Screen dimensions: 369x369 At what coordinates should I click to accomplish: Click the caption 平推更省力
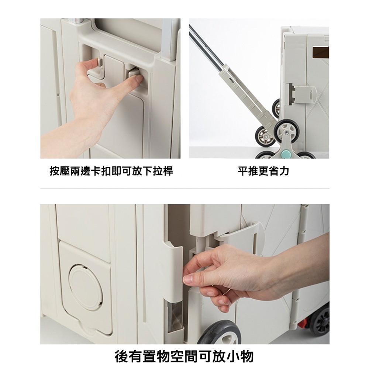point(263,171)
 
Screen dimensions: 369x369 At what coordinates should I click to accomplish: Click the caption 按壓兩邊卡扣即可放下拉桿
point(111,171)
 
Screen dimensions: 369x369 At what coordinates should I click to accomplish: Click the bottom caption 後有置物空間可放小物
point(184,356)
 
